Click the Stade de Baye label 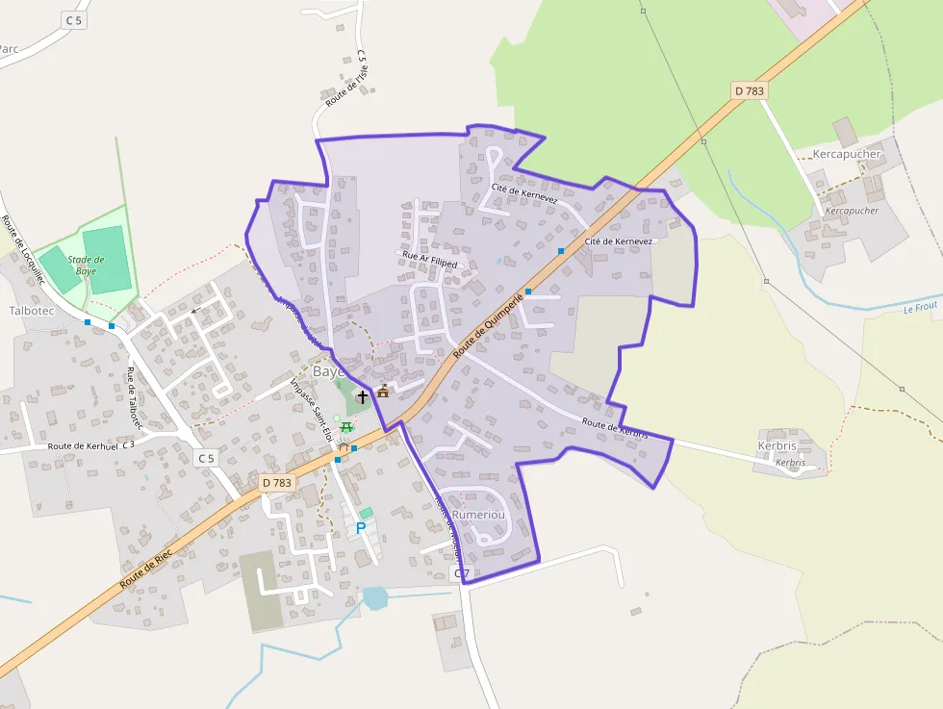click(87, 266)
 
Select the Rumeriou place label click(478, 515)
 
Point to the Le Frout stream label click(920, 307)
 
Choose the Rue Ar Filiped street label click(429, 259)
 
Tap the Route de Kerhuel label click(82, 446)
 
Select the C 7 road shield click(462, 574)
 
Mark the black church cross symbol click(363, 395)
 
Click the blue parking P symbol click(362, 527)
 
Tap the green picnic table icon click(345, 427)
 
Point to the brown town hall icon click(383, 391)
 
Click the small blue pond click(374, 598)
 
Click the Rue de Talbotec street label click(135, 397)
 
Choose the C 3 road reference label click(128, 444)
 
